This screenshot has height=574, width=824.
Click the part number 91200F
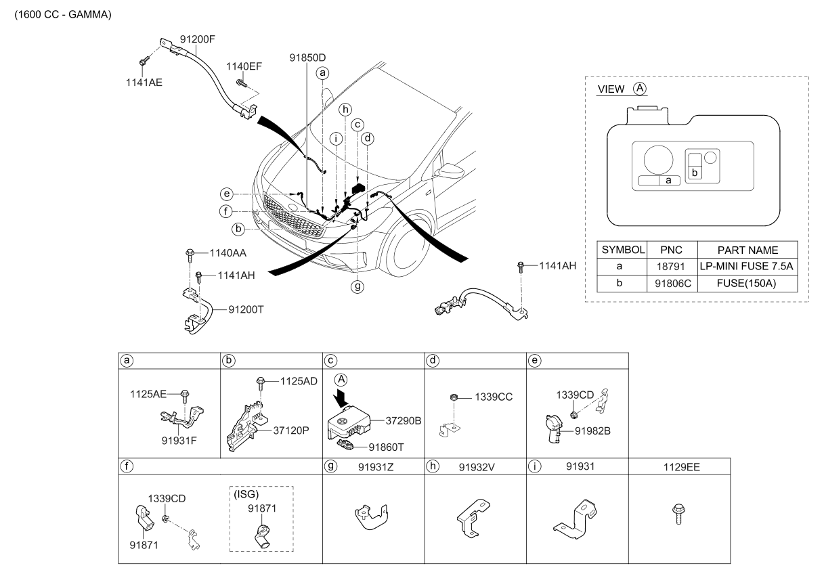[198, 39]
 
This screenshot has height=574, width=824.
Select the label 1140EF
[244, 66]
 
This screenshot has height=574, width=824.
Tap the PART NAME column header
[747, 250]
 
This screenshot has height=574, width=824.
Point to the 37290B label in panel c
[404, 420]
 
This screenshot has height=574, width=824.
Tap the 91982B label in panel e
[593, 430]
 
